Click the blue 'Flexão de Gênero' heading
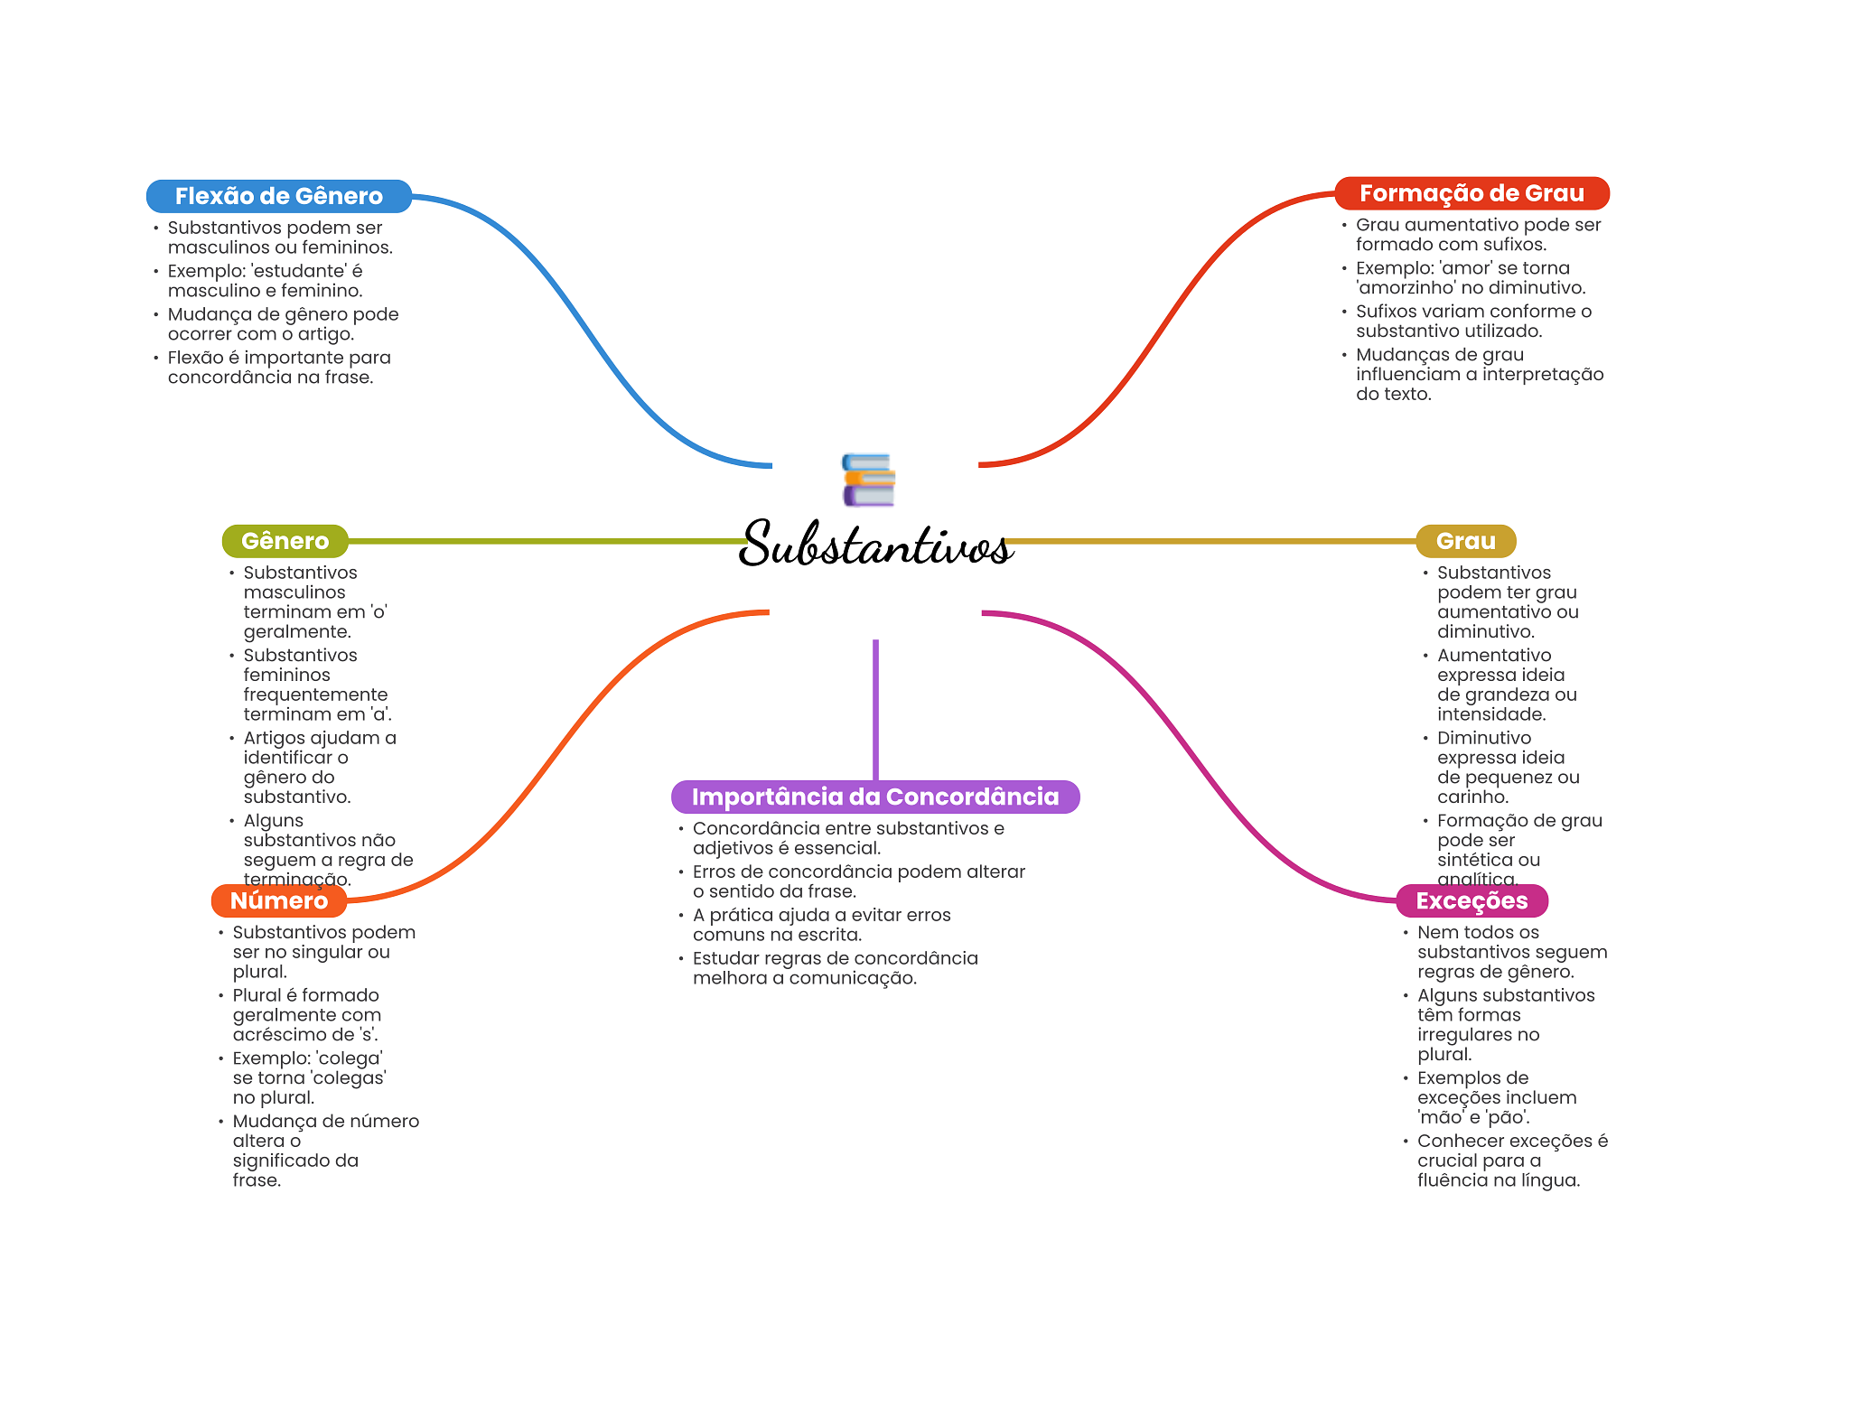pyautogui.click(x=279, y=196)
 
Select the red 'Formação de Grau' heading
pyautogui.click(x=1472, y=193)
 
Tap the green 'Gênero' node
pyautogui.click(x=285, y=541)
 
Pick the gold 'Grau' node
pyautogui.click(x=1465, y=541)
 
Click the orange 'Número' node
pyautogui.click(x=279, y=900)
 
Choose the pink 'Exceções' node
pyautogui.click(x=1472, y=900)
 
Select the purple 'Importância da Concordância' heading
pyautogui.click(x=875, y=797)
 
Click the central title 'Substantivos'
pyautogui.click(x=875, y=544)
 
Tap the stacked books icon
pyautogui.click(x=869, y=480)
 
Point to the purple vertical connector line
pyautogui.click(x=875, y=710)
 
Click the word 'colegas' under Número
pyautogui.click(x=349, y=1078)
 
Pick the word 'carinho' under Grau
pyautogui.click(x=1472, y=797)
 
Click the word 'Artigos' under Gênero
pyautogui.click(x=276, y=739)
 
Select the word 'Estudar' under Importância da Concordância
pyautogui.click(x=727, y=958)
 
